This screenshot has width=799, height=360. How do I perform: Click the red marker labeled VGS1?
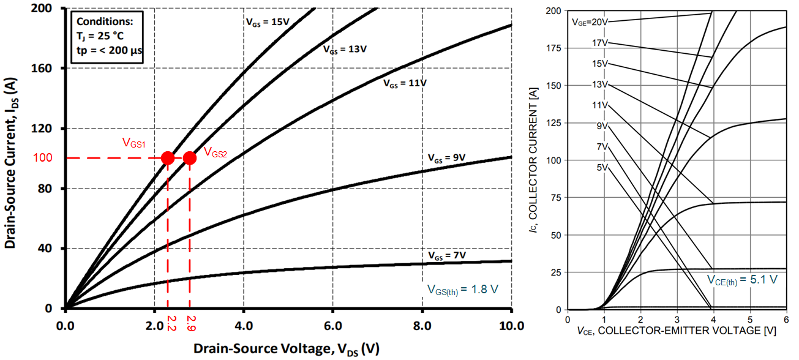click(167, 158)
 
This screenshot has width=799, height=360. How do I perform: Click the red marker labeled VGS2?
click(189, 158)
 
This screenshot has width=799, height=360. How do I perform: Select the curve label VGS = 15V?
click(268, 20)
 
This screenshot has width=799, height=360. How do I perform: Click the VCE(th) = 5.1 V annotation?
click(742, 280)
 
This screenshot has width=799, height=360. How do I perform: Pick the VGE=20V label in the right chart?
click(590, 22)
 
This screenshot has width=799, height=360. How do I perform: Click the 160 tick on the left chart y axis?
click(45, 69)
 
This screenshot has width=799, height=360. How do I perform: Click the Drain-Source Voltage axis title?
click(287, 348)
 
